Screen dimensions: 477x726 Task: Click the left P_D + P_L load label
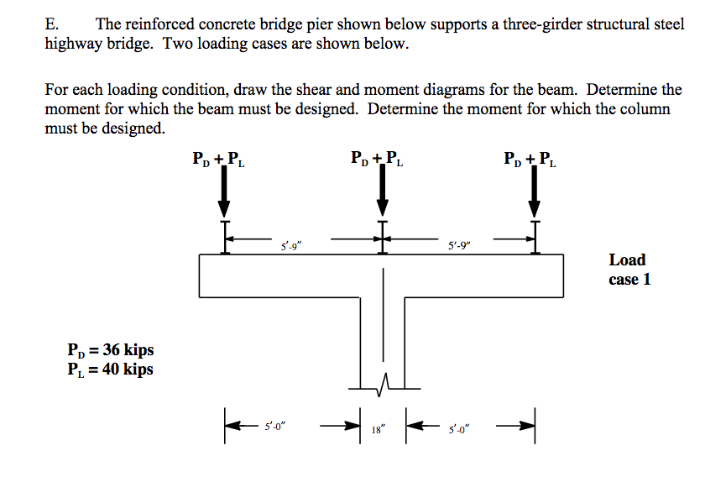click(219, 160)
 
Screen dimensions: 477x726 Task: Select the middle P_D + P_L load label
click(377, 160)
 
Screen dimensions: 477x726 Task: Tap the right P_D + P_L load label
click(529, 160)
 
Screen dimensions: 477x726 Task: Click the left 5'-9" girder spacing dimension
click(291, 247)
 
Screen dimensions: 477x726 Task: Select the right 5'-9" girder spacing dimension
click(460, 247)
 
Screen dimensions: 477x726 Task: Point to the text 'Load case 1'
click(629, 270)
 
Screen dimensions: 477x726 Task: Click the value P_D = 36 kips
click(110, 350)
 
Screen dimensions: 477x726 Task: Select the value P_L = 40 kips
click(110, 369)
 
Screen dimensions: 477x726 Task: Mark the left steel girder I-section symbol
click(224, 237)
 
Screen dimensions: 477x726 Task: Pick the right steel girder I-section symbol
click(534, 237)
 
